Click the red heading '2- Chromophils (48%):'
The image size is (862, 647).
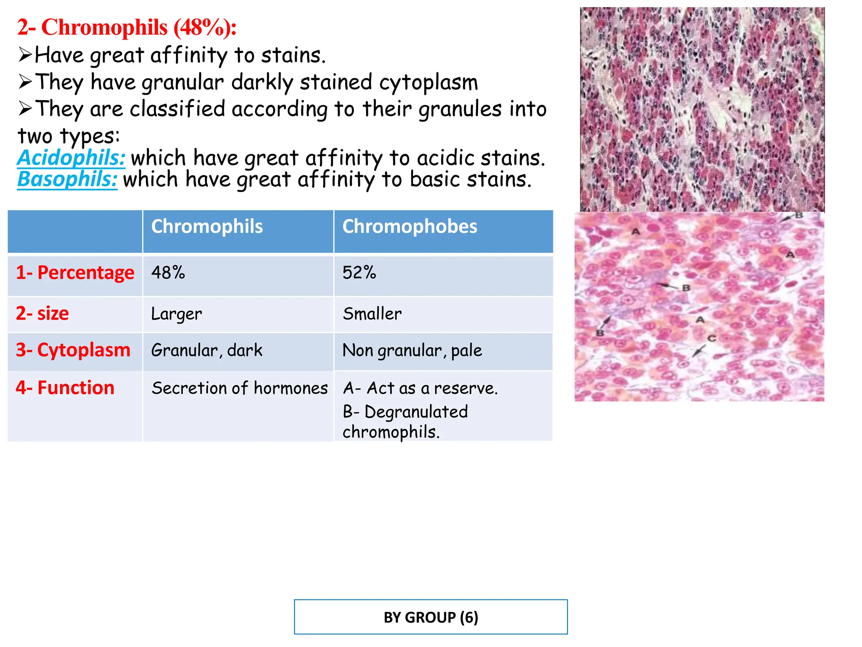(x=126, y=28)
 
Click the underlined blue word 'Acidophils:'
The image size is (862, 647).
(x=71, y=158)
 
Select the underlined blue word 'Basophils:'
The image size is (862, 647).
(x=67, y=179)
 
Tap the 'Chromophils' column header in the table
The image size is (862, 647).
(x=207, y=227)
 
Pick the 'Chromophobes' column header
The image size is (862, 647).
(x=410, y=227)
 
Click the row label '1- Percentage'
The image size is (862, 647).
(x=75, y=273)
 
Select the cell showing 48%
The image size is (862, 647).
(x=168, y=273)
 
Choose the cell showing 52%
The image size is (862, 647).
(x=359, y=273)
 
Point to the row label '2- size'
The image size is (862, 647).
(x=42, y=314)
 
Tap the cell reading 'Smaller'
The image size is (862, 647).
(x=372, y=314)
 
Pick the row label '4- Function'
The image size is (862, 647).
(x=65, y=388)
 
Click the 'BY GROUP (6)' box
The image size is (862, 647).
(x=431, y=617)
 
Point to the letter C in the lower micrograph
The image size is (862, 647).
(x=712, y=338)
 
